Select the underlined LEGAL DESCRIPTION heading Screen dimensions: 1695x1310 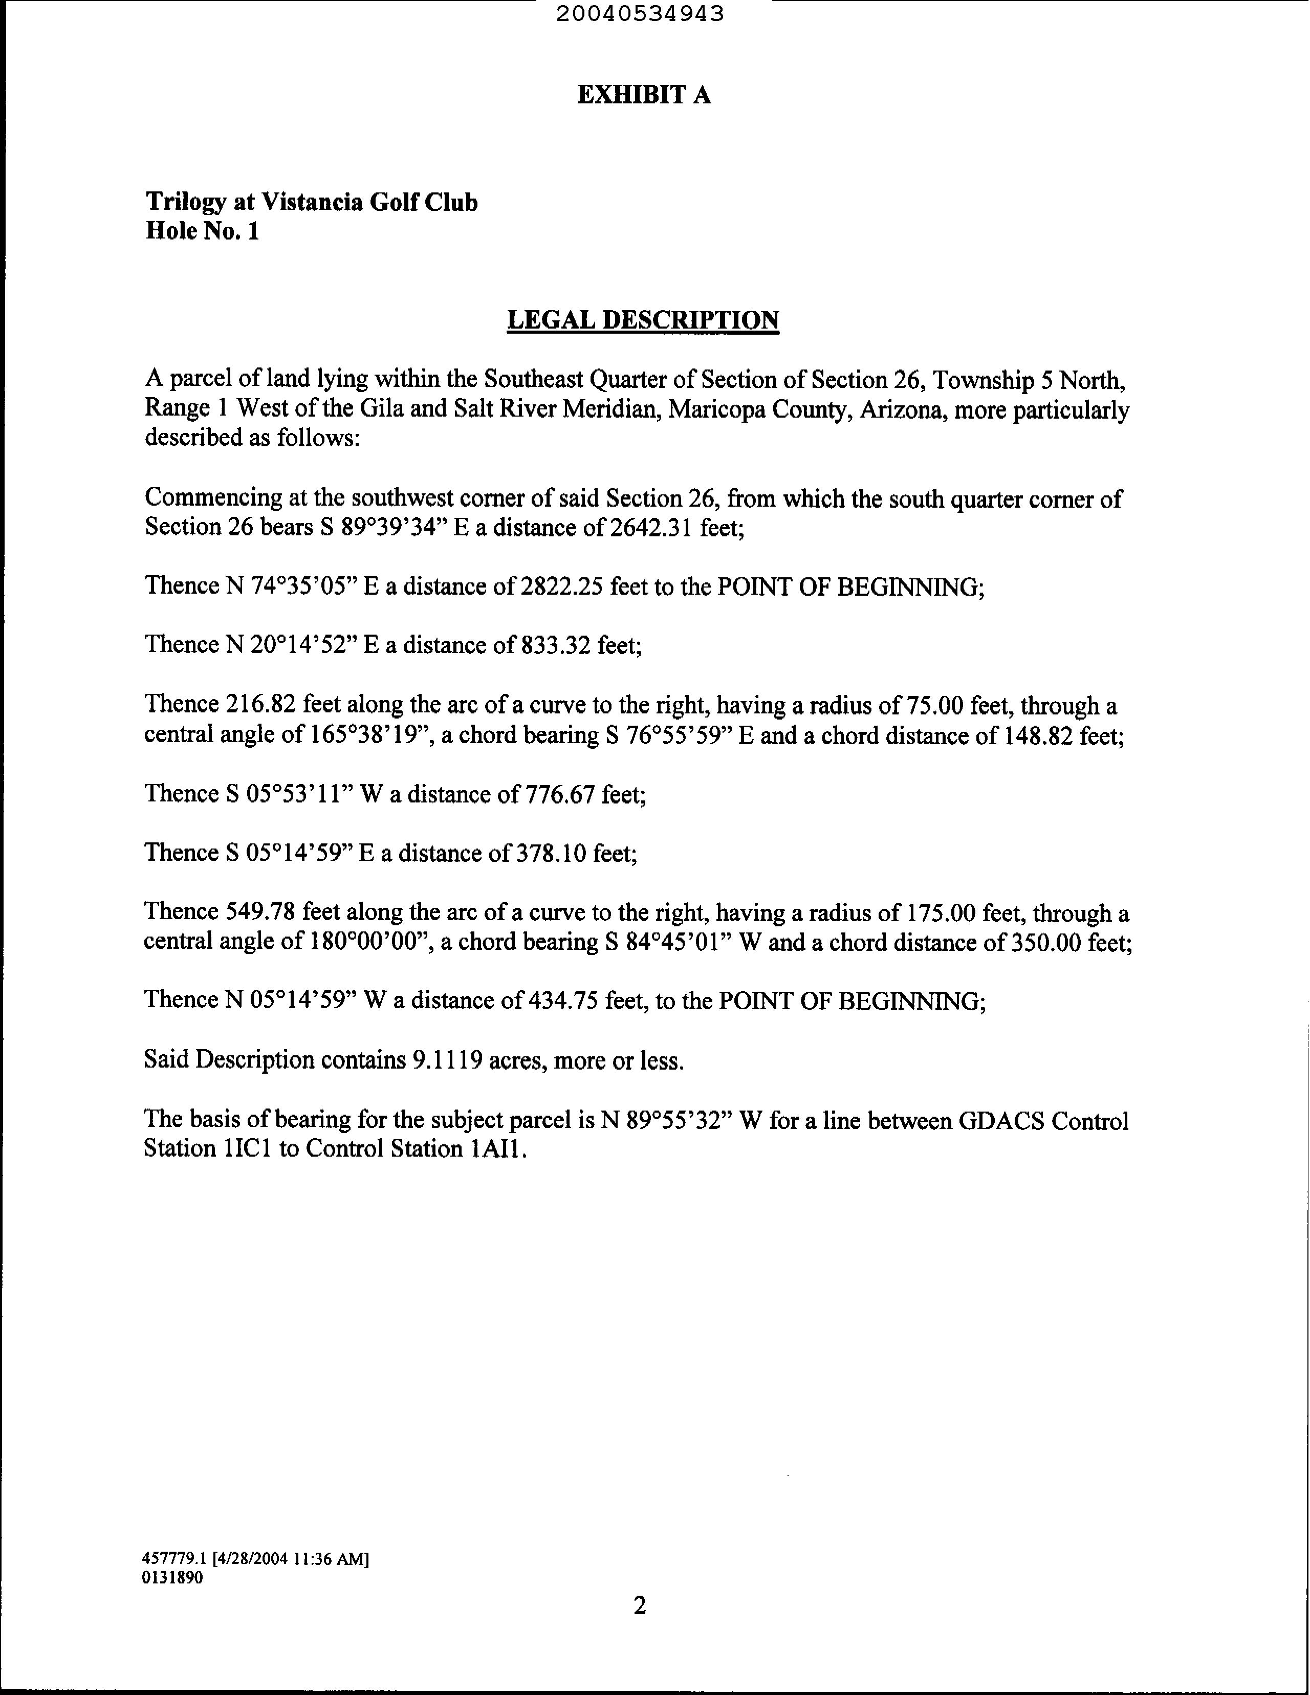643,320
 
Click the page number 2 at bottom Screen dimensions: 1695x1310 640,1605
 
